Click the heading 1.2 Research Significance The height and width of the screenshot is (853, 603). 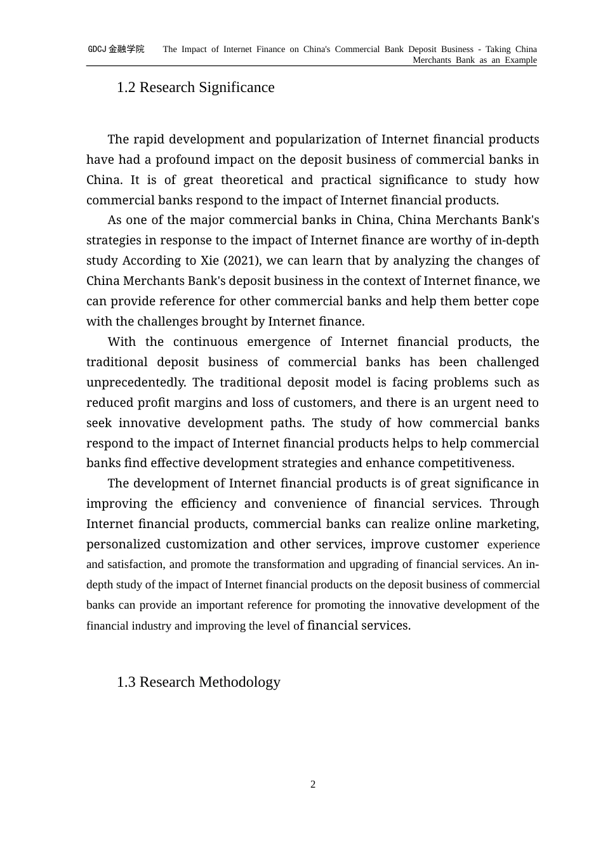point(195,88)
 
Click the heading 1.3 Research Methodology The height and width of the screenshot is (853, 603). point(198,682)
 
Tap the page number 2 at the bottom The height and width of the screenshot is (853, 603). point(313,784)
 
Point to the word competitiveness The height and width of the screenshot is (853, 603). point(469,463)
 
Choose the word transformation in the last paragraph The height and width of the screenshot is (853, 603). point(288,565)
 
